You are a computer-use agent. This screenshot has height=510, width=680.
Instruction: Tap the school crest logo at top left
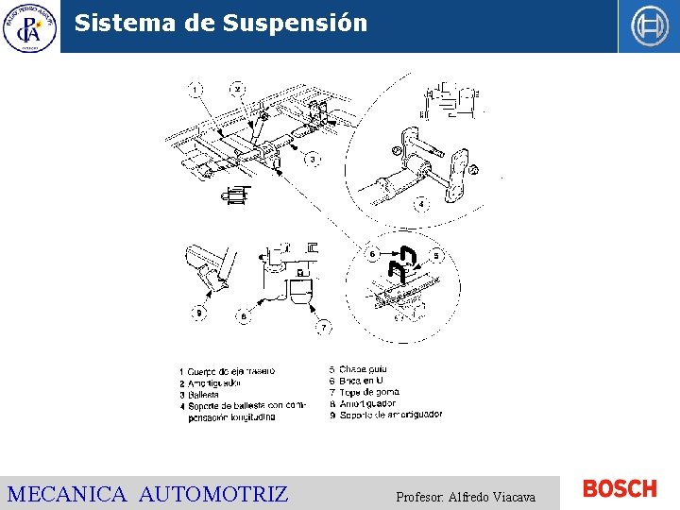coord(29,26)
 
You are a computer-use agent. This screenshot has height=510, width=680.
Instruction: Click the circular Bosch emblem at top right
coord(650,26)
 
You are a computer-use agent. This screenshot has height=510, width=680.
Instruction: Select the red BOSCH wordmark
coord(620,489)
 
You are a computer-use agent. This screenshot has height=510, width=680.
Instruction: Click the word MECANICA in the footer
coord(66,494)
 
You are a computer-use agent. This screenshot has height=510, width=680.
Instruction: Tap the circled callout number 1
coord(195,90)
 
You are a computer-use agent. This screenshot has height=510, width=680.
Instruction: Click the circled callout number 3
coord(313,159)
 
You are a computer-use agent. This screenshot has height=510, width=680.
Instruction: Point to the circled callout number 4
coord(419,203)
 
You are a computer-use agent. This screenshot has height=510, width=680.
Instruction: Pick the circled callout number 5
coord(436,255)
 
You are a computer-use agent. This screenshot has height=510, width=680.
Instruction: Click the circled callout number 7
coord(324,327)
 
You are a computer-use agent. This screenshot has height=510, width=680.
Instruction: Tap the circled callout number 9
coord(198,313)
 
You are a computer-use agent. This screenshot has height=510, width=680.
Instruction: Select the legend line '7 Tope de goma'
coord(364,392)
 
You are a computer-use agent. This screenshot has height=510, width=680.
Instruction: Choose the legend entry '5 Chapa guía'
coord(358,369)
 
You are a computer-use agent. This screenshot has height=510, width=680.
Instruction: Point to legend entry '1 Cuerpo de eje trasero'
coord(229,372)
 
